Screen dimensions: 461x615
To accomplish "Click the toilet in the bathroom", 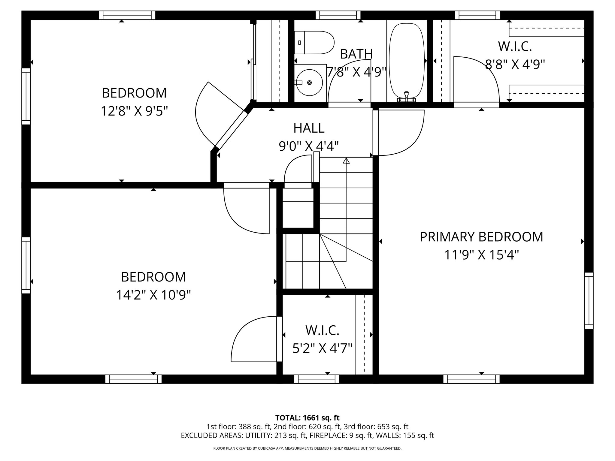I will [315, 43].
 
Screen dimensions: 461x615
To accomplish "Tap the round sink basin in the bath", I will [310, 82].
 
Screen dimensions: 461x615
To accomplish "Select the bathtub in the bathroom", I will [407, 60].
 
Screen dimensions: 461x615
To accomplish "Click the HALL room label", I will [309, 128].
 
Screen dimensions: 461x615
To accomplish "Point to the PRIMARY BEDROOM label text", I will [481, 237].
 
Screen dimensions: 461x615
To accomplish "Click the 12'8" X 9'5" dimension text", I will [134, 111].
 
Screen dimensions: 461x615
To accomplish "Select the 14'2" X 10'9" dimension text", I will [153, 295].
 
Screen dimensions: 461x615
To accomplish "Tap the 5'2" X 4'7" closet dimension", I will [322, 349].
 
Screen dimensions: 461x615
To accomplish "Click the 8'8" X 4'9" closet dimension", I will [515, 64].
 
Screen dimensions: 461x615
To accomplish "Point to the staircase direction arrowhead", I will [346, 161].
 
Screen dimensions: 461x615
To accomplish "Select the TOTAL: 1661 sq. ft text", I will [307, 418].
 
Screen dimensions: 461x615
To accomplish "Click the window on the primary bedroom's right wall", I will [589, 301].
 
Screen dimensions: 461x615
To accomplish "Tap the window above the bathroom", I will [338, 15].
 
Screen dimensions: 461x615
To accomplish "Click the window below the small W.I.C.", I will [317, 379].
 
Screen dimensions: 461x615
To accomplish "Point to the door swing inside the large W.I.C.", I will [476, 80].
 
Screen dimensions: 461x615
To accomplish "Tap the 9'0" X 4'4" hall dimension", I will [309, 146].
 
